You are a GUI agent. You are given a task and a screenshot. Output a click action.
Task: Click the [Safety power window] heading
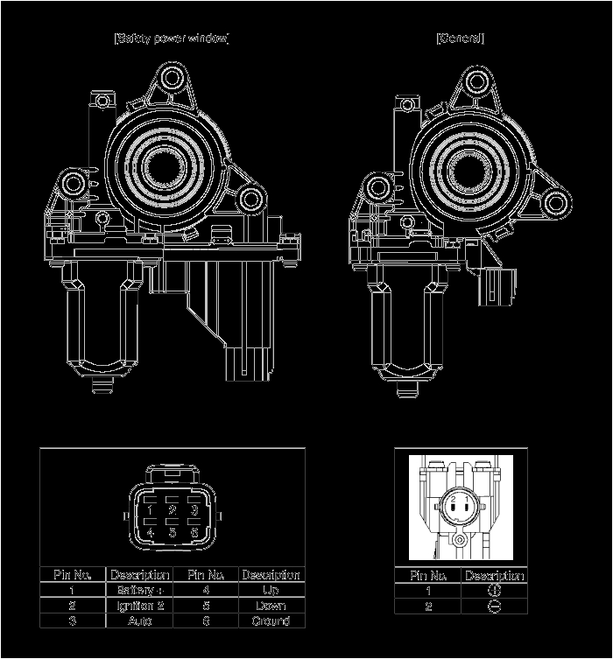click(172, 39)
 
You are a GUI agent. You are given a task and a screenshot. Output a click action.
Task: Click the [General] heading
click(460, 39)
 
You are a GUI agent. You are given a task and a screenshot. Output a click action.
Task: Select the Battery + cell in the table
click(139, 591)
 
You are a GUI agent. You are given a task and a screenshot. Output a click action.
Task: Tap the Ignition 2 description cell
click(139, 606)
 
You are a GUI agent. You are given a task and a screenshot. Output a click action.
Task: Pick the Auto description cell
click(139, 620)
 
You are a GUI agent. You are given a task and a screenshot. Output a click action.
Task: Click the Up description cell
click(271, 591)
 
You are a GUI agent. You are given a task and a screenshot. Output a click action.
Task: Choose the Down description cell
click(271, 606)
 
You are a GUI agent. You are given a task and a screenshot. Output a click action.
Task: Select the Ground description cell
click(271, 620)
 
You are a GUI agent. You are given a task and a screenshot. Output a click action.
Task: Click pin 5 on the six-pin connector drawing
click(173, 531)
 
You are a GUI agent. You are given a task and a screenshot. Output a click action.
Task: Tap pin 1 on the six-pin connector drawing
click(151, 510)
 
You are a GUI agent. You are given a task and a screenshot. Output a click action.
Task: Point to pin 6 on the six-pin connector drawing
click(194, 531)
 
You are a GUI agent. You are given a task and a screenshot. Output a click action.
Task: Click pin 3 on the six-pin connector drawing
click(194, 510)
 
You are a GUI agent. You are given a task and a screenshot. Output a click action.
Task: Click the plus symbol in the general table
click(494, 591)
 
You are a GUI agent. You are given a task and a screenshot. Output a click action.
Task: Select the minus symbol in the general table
click(494, 606)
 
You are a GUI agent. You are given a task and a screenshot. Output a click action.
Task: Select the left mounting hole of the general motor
click(378, 186)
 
